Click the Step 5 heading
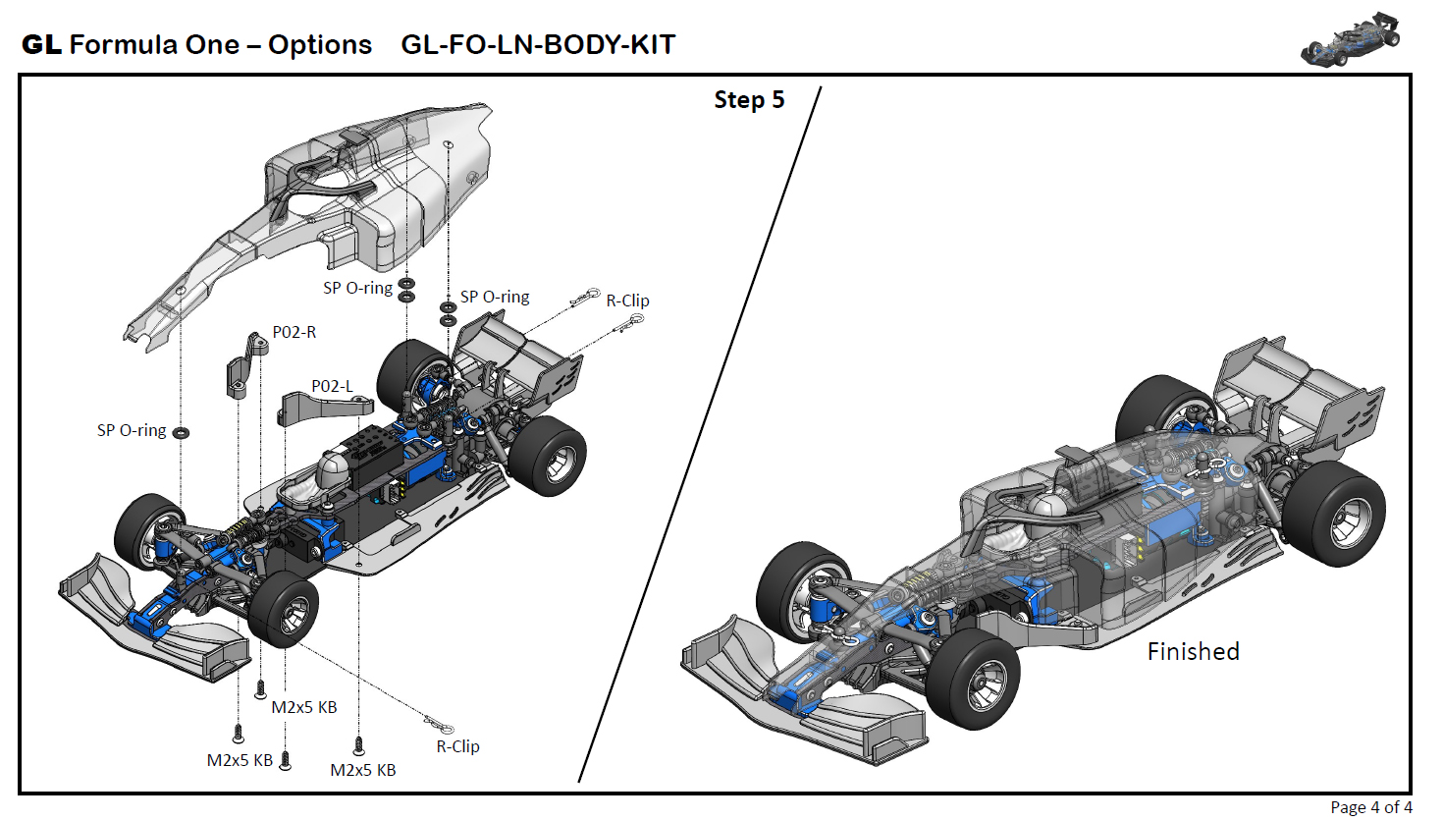point(749,100)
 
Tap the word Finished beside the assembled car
point(1193,651)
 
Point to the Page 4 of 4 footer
point(1370,807)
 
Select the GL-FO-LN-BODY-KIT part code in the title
point(538,45)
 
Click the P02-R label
point(294,332)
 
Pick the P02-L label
point(332,386)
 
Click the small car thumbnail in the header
point(1350,39)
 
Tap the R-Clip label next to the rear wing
point(627,301)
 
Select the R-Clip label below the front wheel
point(457,746)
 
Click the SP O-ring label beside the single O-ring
point(132,430)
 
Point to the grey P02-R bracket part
point(246,364)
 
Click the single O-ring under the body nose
point(181,432)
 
